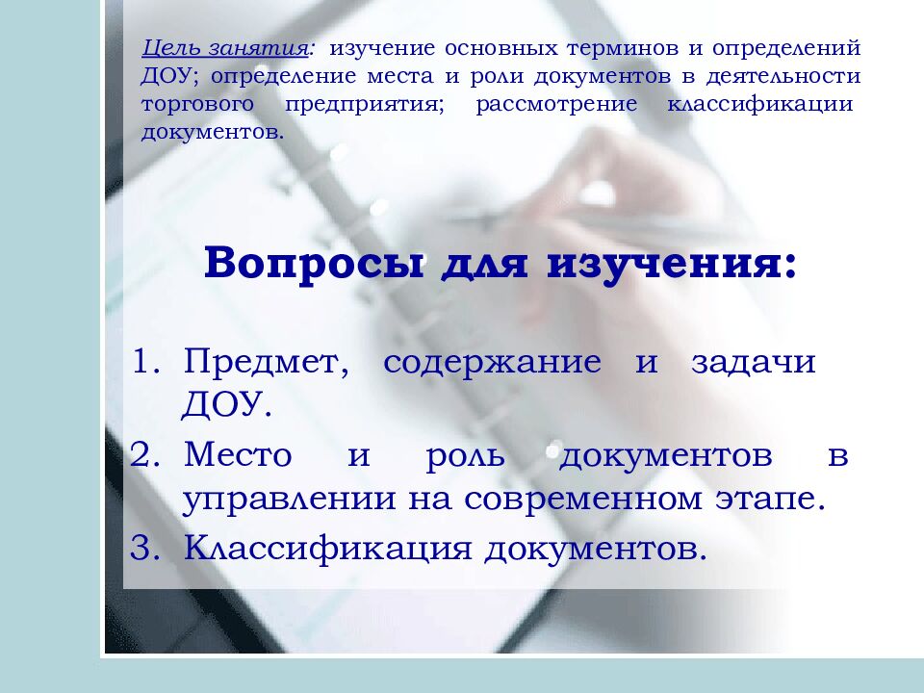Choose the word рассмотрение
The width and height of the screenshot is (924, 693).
(556, 104)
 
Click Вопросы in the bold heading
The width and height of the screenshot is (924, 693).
(314, 264)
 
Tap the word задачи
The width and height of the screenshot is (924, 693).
(753, 364)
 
